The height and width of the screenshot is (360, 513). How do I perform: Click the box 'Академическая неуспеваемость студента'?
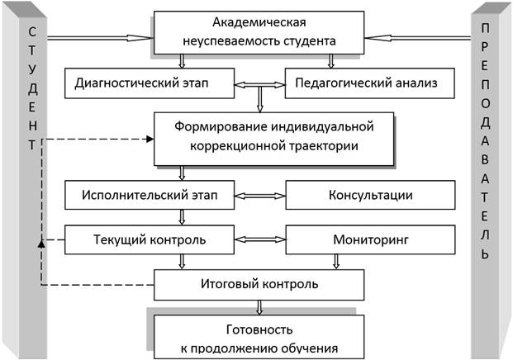(259, 32)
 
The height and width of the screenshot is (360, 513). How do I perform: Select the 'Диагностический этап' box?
(150, 83)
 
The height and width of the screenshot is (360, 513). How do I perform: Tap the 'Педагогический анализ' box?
(370, 83)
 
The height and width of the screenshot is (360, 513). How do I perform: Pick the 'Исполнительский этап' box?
(150, 196)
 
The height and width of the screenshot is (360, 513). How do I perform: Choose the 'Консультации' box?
(370, 196)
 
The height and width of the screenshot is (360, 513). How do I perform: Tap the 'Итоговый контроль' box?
(259, 285)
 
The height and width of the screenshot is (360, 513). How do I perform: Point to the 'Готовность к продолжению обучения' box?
(259, 337)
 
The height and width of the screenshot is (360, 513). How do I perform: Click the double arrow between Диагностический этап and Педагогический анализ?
(259, 84)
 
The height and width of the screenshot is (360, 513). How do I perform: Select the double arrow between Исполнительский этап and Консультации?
(259, 196)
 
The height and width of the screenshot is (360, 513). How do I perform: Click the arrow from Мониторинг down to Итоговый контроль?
(335, 262)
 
